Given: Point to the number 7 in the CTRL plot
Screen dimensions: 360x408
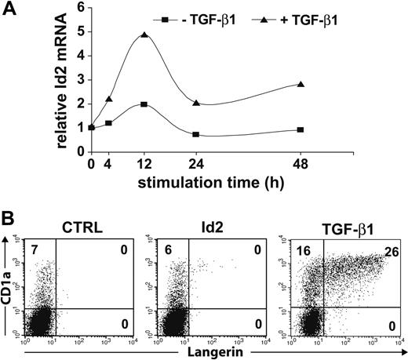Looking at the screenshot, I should [x=34, y=249].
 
